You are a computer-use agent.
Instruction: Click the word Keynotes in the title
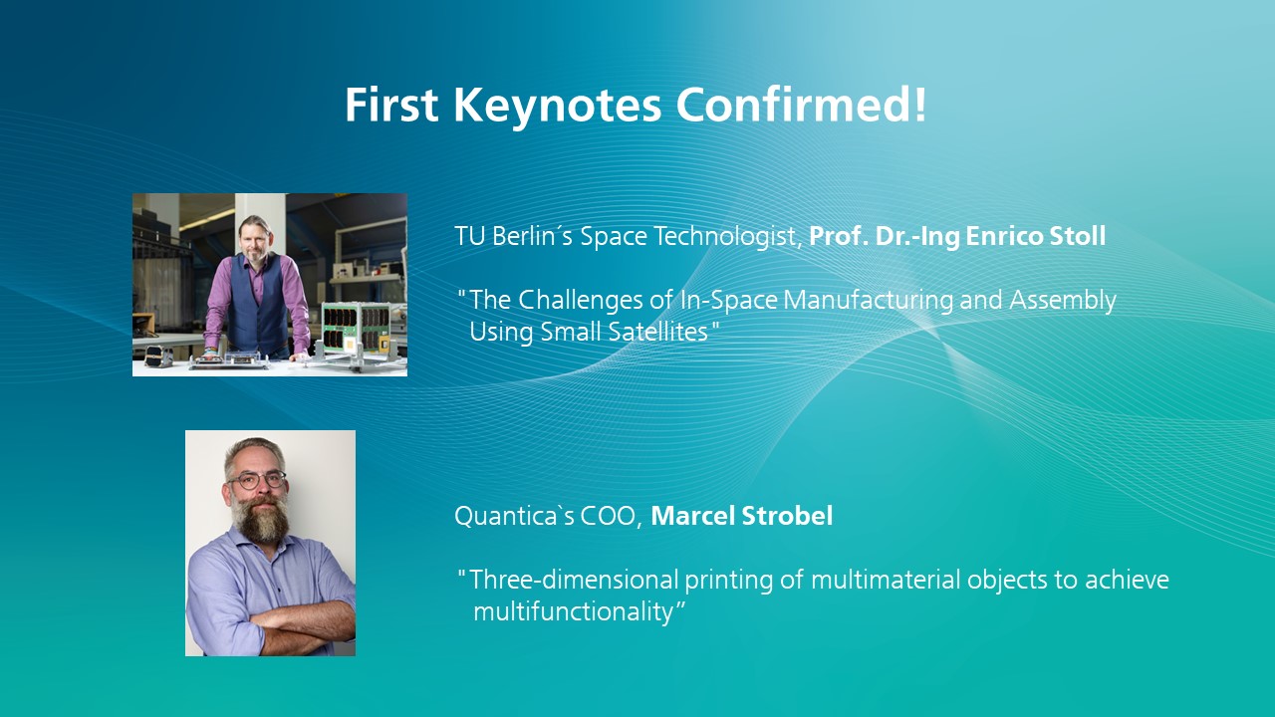pos(557,107)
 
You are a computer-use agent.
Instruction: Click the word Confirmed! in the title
pos(802,105)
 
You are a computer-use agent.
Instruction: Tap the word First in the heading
pos(391,105)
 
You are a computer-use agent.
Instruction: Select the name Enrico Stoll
pos(1036,236)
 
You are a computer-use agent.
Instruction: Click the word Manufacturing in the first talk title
pos(868,300)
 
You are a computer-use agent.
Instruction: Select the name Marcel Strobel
pos(742,516)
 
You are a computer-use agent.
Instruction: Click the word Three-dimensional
pos(574,580)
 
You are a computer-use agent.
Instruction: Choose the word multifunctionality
pos(573,612)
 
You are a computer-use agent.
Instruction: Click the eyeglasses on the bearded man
pos(257,480)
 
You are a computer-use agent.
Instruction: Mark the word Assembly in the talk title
pos(1063,301)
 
